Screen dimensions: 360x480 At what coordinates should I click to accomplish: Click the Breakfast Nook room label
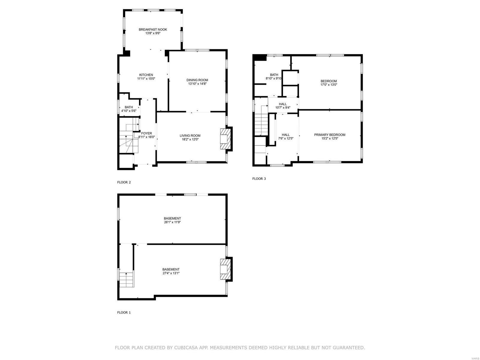[153, 29]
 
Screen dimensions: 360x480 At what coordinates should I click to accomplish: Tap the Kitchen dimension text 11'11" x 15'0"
[146, 79]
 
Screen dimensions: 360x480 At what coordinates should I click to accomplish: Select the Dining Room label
[197, 80]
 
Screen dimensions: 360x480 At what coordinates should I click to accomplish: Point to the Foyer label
[146, 133]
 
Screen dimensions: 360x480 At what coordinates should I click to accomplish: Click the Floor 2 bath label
[129, 107]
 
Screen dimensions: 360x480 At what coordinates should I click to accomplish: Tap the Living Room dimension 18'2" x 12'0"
[190, 139]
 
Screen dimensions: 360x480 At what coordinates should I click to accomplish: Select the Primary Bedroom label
[329, 135]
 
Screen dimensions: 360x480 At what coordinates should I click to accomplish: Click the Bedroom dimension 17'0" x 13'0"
[328, 85]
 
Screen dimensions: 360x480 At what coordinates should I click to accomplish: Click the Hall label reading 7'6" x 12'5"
[285, 135]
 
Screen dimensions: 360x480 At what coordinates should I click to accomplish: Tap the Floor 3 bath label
[274, 75]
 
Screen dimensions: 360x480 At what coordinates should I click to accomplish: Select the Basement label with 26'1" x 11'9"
[172, 218]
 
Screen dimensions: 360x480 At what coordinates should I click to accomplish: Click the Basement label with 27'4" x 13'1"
[171, 269]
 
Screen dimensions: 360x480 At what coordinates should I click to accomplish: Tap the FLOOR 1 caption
[124, 312]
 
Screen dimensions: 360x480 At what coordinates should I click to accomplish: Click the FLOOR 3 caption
[259, 179]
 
